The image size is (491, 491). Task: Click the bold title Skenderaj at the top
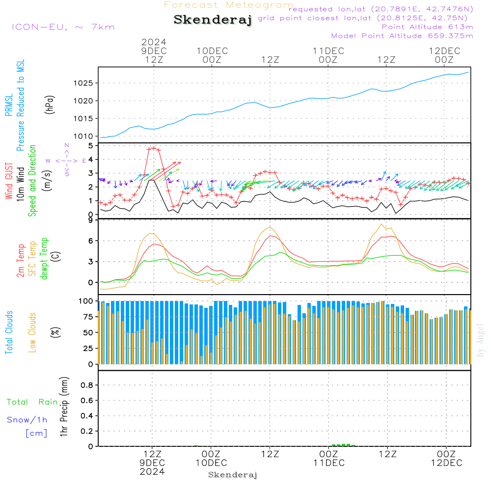pyautogui.click(x=213, y=20)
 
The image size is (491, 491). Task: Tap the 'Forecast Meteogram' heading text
pyautogui.click(x=229, y=5)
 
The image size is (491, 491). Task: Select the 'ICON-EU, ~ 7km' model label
pyautogui.click(x=63, y=27)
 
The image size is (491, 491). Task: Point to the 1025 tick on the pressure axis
pyautogui.click(x=86, y=83)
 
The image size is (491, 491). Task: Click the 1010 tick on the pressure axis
pyautogui.click(x=86, y=136)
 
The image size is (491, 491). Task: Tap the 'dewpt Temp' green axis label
pyautogui.click(x=44, y=258)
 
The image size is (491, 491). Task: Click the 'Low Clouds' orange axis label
pyautogui.click(x=33, y=332)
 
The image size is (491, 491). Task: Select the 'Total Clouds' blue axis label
pyautogui.click(x=9, y=332)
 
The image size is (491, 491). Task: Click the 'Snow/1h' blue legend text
pyautogui.click(x=27, y=420)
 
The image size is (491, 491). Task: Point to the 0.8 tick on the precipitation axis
pyautogui.click(x=87, y=385)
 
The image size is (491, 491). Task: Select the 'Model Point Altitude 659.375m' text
pyautogui.click(x=402, y=36)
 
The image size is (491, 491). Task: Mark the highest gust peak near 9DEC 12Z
pyautogui.click(x=154, y=148)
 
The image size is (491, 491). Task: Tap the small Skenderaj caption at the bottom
pyautogui.click(x=233, y=475)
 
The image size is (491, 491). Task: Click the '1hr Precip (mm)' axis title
pyautogui.click(x=64, y=407)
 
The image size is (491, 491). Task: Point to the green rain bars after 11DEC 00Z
pyautogui.click(x=344, y=445)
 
